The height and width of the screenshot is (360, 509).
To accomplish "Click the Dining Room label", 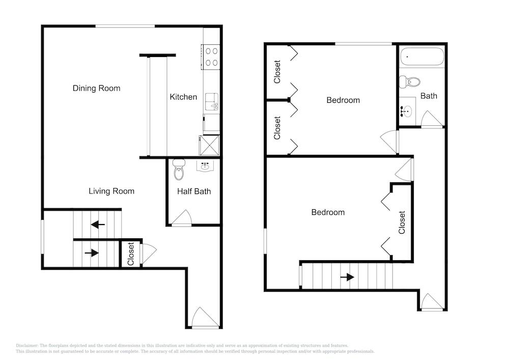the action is [96, 88].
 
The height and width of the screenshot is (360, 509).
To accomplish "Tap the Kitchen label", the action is [183, 97].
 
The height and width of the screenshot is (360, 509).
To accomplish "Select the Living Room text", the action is [111, 191].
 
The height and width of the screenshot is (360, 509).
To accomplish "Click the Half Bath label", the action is [194, 191].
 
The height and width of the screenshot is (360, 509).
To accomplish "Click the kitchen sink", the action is [212, 102].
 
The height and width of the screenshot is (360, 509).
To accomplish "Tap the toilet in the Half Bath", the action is [179, 170].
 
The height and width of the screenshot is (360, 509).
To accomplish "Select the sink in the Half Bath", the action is [205, 166].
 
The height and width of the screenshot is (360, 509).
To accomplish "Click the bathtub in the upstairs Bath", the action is [422, 57].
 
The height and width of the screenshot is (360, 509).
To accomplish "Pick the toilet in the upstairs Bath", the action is [409, 82].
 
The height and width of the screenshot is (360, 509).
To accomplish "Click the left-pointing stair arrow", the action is [98, 225].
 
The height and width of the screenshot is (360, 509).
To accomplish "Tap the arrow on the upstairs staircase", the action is [347, 277].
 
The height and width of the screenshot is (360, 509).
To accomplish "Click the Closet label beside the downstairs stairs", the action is [131, 254].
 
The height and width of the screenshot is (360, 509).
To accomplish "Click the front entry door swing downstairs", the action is [205, 317].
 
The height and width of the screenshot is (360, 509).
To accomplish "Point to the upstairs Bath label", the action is [429, 96].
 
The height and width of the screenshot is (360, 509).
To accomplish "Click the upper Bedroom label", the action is [343, 100].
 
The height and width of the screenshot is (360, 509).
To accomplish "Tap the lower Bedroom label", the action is [328, 212].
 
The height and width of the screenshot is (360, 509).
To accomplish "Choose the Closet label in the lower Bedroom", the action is [402, 223].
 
